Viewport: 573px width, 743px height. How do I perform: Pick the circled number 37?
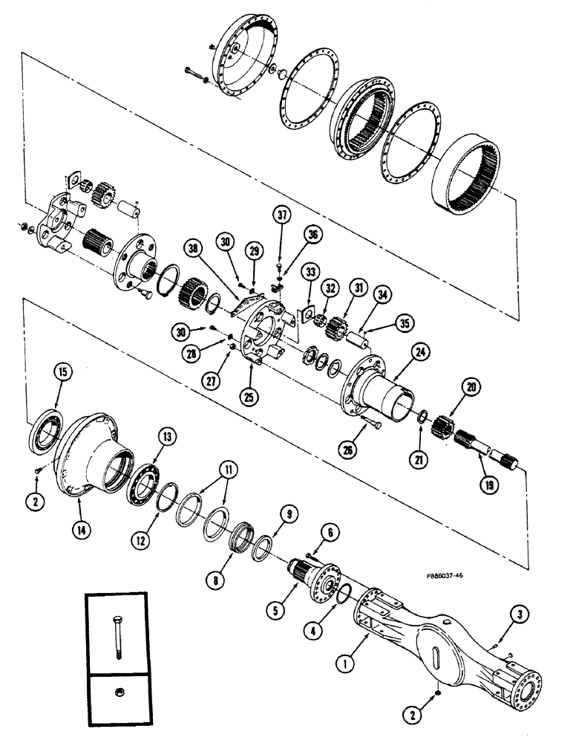(x=280, y=217)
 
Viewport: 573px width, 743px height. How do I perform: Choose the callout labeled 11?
(x=231, y=470)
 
